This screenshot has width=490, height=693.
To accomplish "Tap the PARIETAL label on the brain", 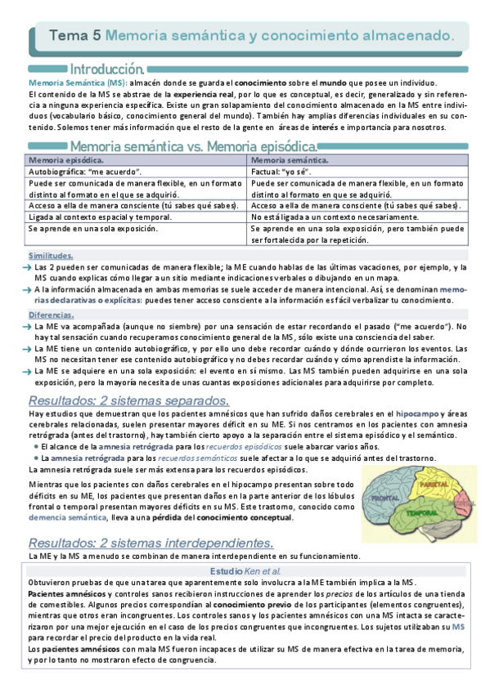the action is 431,485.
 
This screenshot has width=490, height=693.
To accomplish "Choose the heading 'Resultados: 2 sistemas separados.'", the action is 128,400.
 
